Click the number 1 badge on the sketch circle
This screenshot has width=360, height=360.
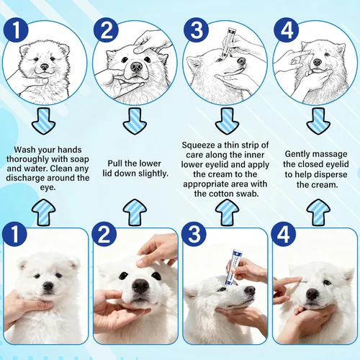click(x=16, y=30)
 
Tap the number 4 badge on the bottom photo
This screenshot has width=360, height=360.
click(x=284, y=234)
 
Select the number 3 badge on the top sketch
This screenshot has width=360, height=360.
click(x=196, y=30)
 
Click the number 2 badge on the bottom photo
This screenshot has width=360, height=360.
click(x=104, y=234)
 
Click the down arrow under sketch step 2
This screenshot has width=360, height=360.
click(x=135, y=121)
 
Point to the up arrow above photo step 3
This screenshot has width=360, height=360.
click(x=227, y=212)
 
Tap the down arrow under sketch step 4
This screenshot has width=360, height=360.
click(x=318, y=121)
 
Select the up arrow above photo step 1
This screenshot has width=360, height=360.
click(x=44, y=212)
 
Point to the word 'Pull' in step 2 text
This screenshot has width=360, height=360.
click(x=114, y=163)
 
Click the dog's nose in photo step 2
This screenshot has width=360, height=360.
click(x=140, y=286)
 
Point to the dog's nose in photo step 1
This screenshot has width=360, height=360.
click(x=48, y=286)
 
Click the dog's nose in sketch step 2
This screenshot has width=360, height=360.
click(x=136, y=67)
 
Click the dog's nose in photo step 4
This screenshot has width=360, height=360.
click(x=312, y=294)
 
